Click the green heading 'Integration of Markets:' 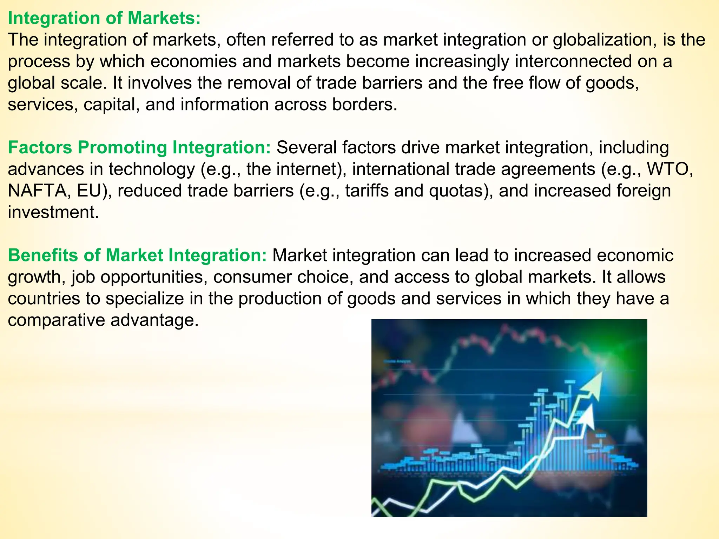pyautogui.click(x=104, y=18)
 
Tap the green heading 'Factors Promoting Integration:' pyautogui.click(x=139, y=147)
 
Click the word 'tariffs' pyautogui.click(x=367, y=191)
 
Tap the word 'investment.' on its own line pyautogui.click(x=53, y=212)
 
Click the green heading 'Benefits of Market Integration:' pyautogui.click(x=138, y=255)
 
